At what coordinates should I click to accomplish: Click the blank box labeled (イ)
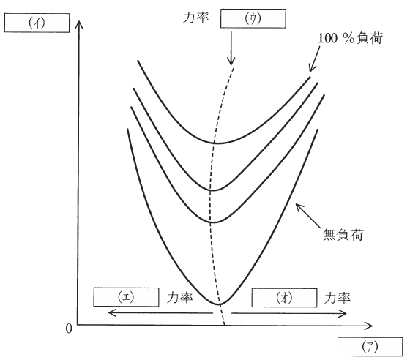37,23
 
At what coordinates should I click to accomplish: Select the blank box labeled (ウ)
253,18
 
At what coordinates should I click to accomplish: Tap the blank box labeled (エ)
126,297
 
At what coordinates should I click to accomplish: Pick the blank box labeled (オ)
284,298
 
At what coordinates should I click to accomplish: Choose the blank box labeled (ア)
370,347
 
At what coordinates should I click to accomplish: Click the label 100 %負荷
350,38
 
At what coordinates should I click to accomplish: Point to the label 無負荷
343,234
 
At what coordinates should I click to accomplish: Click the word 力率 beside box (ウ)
196,18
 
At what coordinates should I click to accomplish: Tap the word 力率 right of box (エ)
180,298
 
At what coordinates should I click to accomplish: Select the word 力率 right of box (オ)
338,298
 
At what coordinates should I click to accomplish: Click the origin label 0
69,329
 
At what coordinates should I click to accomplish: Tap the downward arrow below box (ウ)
231,48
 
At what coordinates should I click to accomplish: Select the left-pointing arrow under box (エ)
160,312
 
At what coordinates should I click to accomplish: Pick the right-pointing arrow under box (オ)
289,313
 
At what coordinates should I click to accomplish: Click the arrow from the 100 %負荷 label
314,59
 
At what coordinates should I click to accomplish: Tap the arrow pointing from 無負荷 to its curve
307,216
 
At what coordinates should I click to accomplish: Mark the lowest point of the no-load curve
219,304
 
